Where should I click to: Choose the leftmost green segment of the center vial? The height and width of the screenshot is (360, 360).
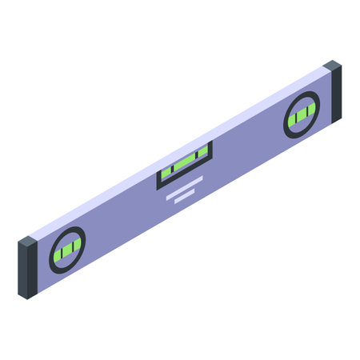[x=168, y=171]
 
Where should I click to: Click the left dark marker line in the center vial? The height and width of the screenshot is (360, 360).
[x=174, y=167]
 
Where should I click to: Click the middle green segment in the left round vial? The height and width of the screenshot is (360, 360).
[x=67, y=247]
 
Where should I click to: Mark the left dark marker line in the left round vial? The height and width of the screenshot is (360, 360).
[x=62, y=250]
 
